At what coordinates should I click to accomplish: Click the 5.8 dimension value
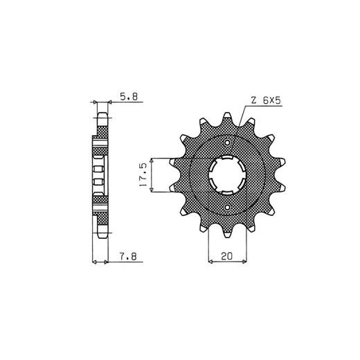pyautogui.click(x=129, y=96)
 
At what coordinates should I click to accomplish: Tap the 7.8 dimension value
pyautogui.click(x=128, y=256)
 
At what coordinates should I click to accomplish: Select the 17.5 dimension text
pyautogui.click(x=143, y=175)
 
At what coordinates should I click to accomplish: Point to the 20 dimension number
pyautogui.click(x=226, y=256)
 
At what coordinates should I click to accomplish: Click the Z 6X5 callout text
pyautogui.click(x=266, y=100)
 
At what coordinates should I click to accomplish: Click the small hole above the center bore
pyautogui.click(x=228, y=143)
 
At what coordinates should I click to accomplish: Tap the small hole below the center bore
pyautogui.click(x=228, y=208)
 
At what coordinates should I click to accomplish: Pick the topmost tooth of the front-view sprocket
pyautogui.click(x=228, y=118)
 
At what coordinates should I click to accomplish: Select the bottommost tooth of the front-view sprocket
pyautogui.click(x=228, y=233)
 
